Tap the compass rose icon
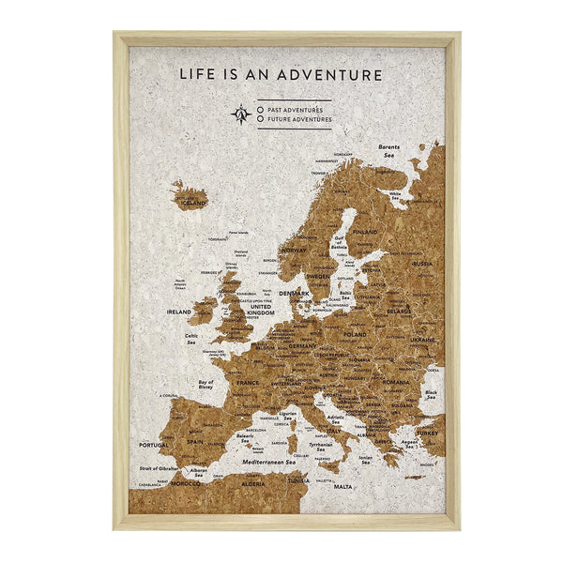point(240,114)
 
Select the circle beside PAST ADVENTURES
point(260,109)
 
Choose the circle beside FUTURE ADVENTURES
point(260,120)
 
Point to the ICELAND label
point(194,202)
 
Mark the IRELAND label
point(178,312)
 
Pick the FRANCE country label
point(248,383)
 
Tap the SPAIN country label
point(195,440)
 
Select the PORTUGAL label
point(153,445)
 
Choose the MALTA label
point(343,487)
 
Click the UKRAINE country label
point(421,340)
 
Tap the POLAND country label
point(356,334)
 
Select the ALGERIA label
point(253,484)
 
